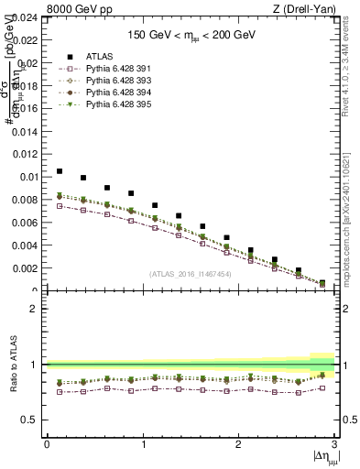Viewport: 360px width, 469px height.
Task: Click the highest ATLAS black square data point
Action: [60, 171]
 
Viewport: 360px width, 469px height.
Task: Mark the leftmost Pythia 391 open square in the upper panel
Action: [60, 206]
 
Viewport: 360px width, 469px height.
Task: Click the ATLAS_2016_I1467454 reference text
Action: [191, 274]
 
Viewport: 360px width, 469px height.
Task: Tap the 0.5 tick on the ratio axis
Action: [32, 420]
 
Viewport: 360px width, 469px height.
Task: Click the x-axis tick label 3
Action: [335, 445]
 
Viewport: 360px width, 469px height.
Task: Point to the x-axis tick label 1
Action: [142, 445]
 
